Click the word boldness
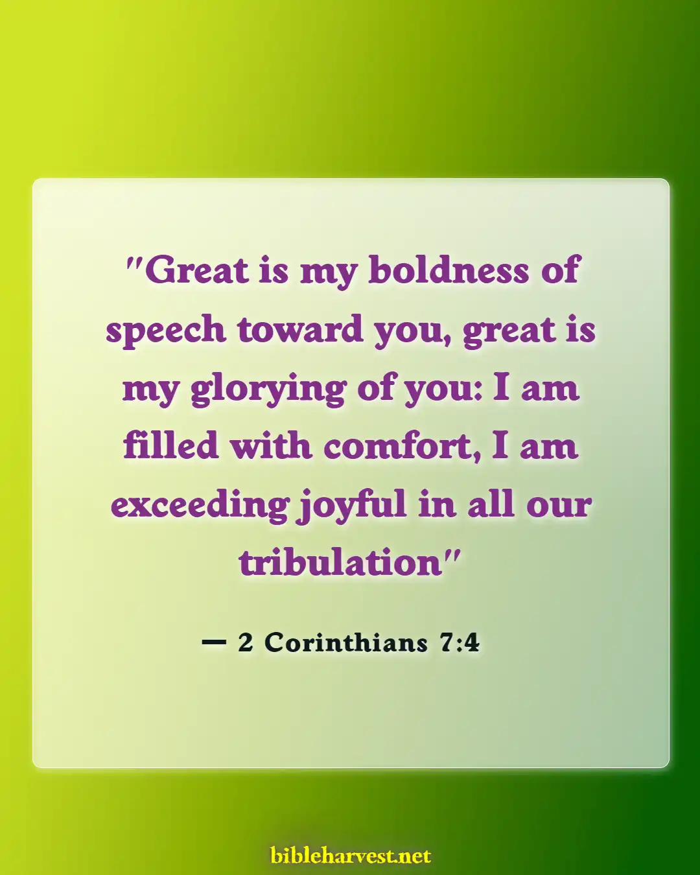point(449,270)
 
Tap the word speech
point(165,331)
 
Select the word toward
point(300,329)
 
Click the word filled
point(170,446)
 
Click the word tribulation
point(340,562)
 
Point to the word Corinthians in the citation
point(346,642)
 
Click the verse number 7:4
point(460,642)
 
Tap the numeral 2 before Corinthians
point(245,642)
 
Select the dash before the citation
point(214,642)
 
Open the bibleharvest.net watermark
point(351,856)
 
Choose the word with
point(271,446)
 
